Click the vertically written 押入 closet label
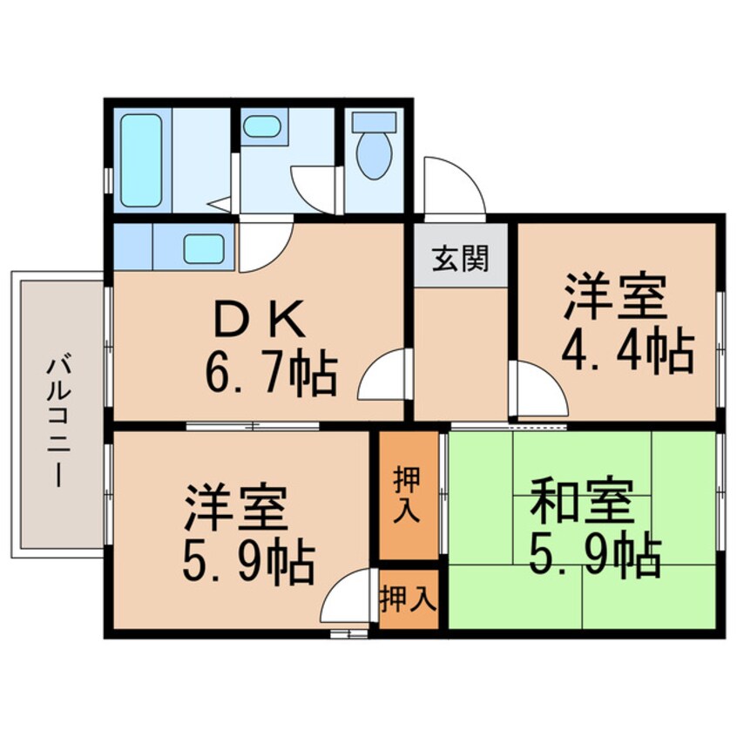coord(407,493)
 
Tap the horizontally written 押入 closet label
coord(408,600)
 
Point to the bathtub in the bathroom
coord(141,160)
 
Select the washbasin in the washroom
coord(260,129)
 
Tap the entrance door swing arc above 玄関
coord(453,186)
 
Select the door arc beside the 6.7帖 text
coord(383,379)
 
